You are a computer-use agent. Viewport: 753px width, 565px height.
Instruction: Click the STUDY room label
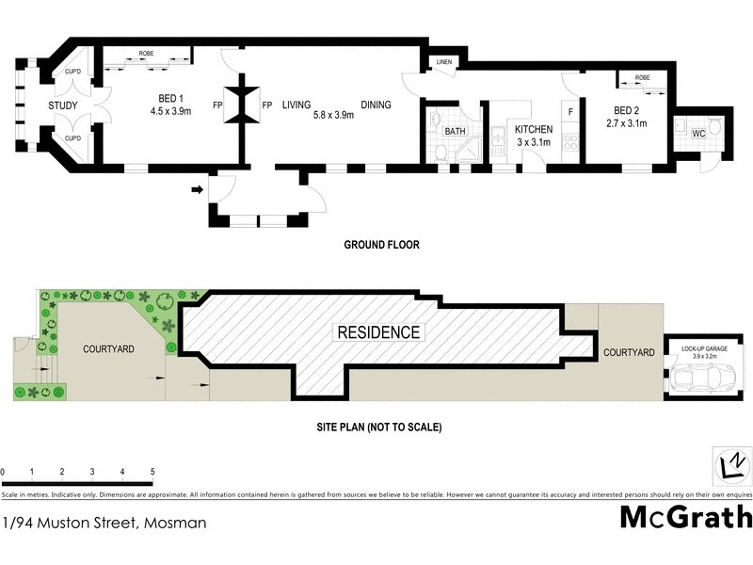[63, 105]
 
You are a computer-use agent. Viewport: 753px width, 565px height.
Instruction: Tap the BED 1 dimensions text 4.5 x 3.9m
[171, 111]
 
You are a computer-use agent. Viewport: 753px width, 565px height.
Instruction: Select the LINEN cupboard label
[444, 62]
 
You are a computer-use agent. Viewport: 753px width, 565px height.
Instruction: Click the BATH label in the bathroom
[456, 132]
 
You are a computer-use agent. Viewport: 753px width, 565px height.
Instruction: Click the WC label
[697, 134]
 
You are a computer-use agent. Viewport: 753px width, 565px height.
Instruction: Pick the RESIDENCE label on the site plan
[379, 332]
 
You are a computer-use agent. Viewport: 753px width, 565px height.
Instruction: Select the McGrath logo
[686, 517]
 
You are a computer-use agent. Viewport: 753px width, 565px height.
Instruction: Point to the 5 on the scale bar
[152, 470]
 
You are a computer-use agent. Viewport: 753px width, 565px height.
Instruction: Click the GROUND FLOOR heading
[380, 245]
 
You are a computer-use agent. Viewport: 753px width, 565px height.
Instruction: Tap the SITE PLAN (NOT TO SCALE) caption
[379, 427]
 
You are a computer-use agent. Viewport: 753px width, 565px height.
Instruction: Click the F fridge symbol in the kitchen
[569, 111]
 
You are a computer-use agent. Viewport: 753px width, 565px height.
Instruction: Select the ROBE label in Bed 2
[642, 78]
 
